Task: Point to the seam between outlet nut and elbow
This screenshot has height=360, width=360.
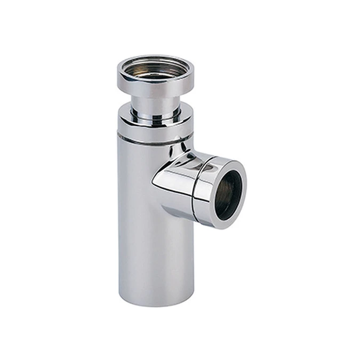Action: [194, 181]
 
